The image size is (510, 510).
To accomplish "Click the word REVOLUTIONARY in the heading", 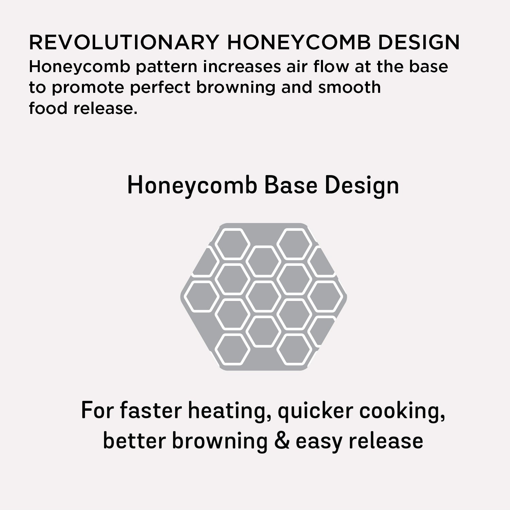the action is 123,42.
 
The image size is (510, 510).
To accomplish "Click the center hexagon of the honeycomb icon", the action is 263,296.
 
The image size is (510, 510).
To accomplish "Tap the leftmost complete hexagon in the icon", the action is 202,296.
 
